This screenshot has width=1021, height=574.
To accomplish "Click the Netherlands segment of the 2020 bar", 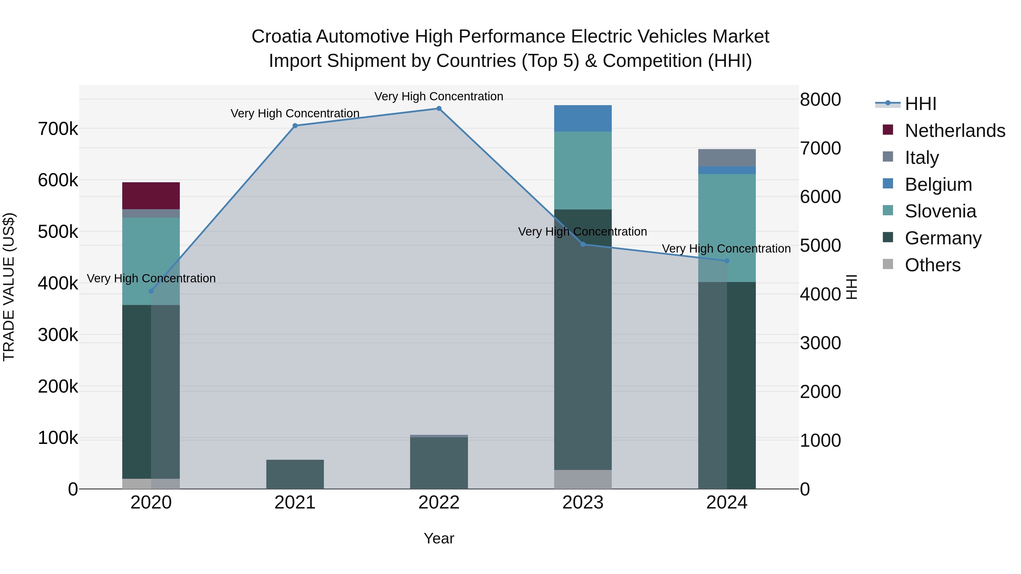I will tap(151, 196).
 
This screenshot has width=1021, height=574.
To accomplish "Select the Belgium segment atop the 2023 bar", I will tap(583, 118).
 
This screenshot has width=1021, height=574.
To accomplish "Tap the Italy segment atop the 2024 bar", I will tap(727, 158).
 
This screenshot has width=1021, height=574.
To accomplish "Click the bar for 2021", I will tap(295, 474).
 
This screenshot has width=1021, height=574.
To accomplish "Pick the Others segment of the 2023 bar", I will tap(583, 479).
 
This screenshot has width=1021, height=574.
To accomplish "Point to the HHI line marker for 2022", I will tap(439, 109).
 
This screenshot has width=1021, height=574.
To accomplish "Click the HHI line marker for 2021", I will tap(295, 126).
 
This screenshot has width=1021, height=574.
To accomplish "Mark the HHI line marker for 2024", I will tap(727, 261).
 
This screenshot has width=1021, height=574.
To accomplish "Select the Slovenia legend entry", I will tap(940, 211).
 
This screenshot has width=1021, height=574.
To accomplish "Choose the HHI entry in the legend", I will tap(920, 104).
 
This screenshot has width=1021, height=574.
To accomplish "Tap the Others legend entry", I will tap(932, 265).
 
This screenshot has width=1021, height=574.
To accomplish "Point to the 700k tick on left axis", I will tap(58, 129).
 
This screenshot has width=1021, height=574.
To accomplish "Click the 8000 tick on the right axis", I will tap(820, 99).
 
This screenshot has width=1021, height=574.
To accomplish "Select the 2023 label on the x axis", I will tap(583, 503).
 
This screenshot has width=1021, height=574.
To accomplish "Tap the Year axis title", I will tap(439, 538).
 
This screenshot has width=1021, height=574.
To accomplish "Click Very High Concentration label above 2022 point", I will tap(439, 96).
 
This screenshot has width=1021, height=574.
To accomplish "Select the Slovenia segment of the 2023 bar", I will tap(583, 170).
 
